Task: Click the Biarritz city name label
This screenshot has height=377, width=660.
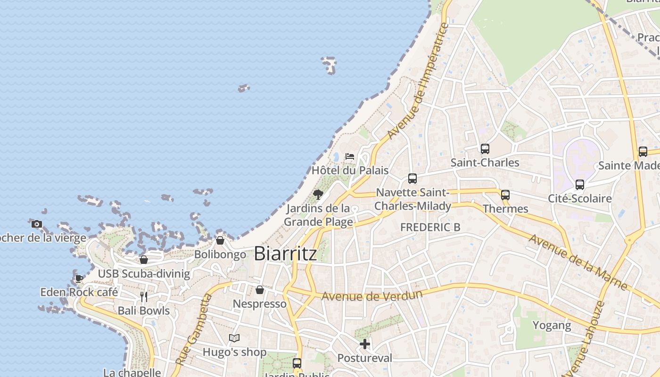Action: pyautogui.click(x=285, y=254)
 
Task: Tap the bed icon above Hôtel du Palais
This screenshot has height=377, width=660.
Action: pyautogui.click(x=350, y=156)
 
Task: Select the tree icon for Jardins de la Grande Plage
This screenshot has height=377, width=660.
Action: pyautogui.click(x=318, y=194)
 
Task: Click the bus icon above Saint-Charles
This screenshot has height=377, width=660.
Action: pyautogui.click(x=485, y=149)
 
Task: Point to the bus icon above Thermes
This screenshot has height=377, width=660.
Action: pyautogui.click(x=505, y=195)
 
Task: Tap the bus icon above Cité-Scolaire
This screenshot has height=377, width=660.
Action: pyautogui.click(x=580, y=185)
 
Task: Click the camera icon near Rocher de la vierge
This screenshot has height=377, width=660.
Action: pyautogui.click(x=37, y=224)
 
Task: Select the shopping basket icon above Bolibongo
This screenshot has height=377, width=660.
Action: pyautogui.click(x=220, y=241)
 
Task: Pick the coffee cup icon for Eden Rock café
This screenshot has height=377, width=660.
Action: pyautogui.click(x=79, y=279)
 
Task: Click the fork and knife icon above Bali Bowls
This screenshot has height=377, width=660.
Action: pyautogui.click(x=144, y=296)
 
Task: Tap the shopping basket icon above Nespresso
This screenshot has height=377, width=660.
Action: pyautogui.click(x=260, y=290)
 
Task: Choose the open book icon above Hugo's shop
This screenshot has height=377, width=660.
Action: pyautogui.click(x=234, y=338)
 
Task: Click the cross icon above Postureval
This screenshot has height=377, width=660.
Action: pyautogui.click(x=365, y=344)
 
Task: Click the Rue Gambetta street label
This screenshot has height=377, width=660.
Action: pyautogui.click(x=194, y=329)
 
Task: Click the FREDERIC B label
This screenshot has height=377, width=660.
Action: pyautogui.click(x=430, y=227)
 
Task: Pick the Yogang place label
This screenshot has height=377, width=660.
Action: pyautogui.click(x=552, y=325)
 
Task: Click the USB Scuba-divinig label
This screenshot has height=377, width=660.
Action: pyautogui.click(x=144, y=274)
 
